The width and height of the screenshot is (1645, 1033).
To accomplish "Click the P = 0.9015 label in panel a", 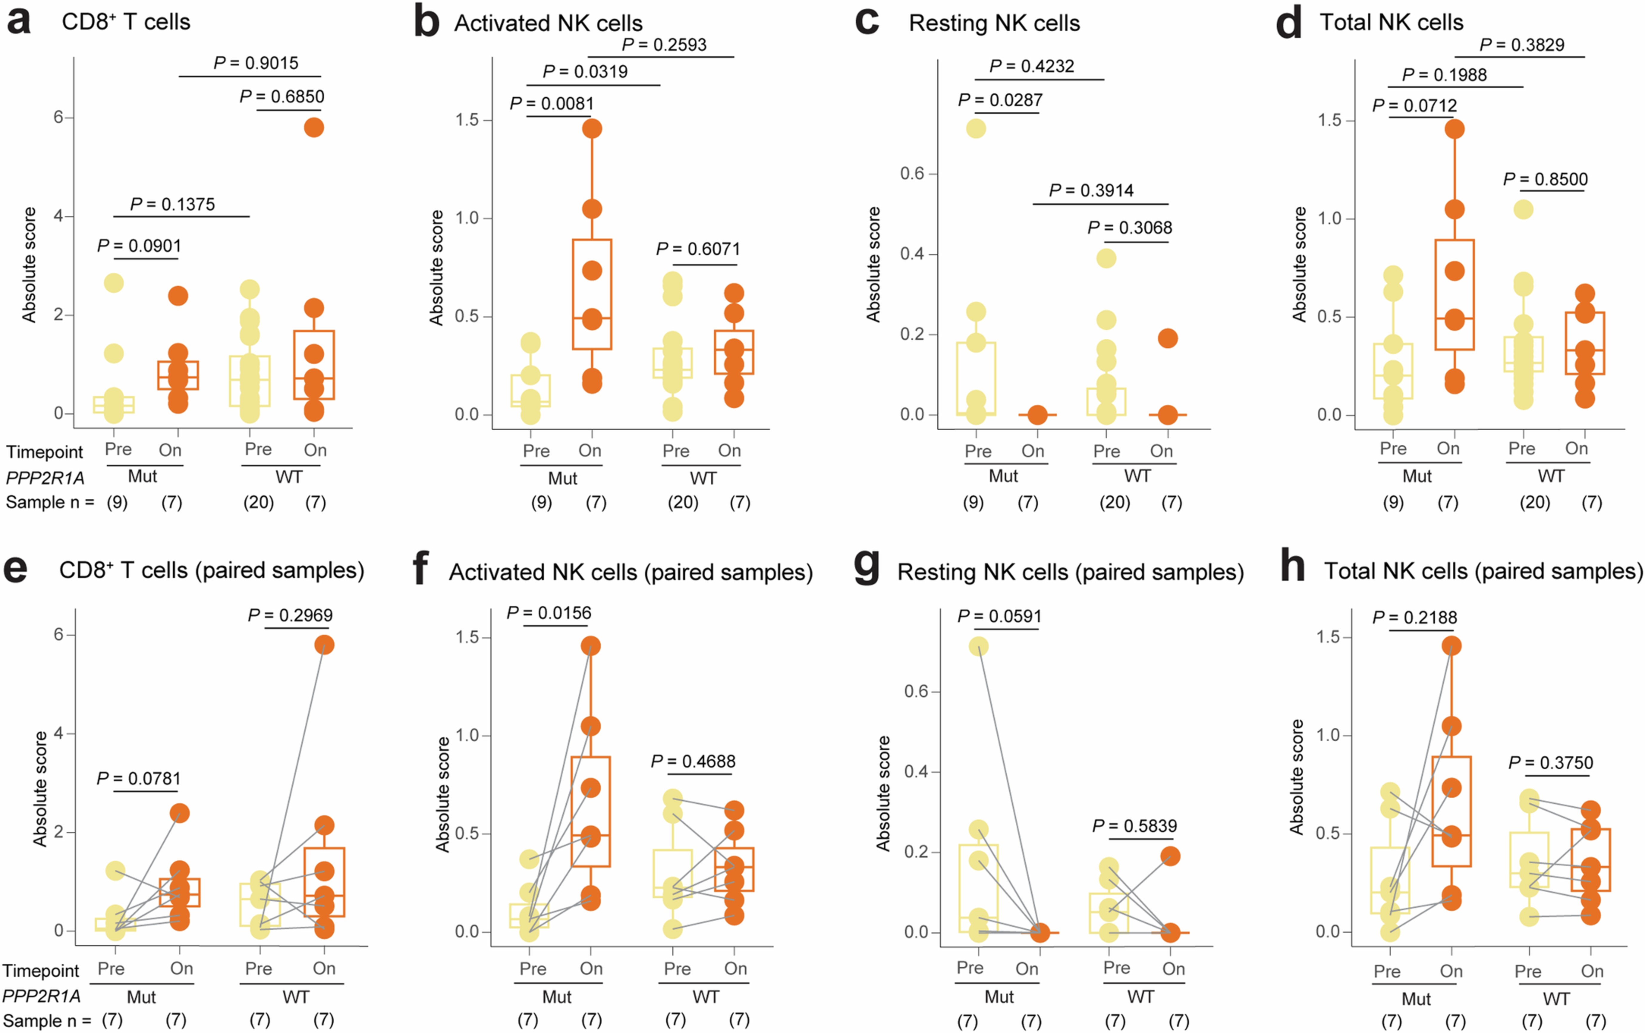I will tap(256, 63).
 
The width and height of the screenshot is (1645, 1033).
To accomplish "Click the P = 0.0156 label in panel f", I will tap(548, 613).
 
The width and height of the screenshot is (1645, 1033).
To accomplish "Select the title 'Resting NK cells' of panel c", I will tap(994, 23).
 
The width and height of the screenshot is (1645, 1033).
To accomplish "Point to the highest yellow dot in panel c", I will tap(976, 128).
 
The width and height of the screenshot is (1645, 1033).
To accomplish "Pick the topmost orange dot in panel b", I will tap(592, 128).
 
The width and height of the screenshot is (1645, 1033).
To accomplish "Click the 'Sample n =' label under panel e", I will tap(47, 1021).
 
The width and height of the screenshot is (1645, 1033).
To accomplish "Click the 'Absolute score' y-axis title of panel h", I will tap(1297, 777).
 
